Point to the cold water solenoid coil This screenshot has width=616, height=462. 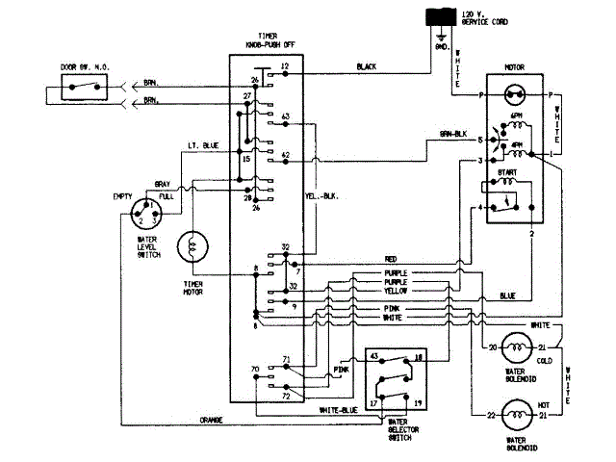(x=517, y=346)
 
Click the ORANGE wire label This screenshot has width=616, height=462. (x=213, y=420)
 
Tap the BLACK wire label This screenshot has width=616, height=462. (x=366, y=66)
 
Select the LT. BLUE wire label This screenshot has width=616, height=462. (x=203, y=145)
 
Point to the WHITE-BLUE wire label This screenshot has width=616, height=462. (x=337, y=410)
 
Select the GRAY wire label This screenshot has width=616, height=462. (x=163, y=182)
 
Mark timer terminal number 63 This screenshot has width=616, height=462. (x=286, y=116)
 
